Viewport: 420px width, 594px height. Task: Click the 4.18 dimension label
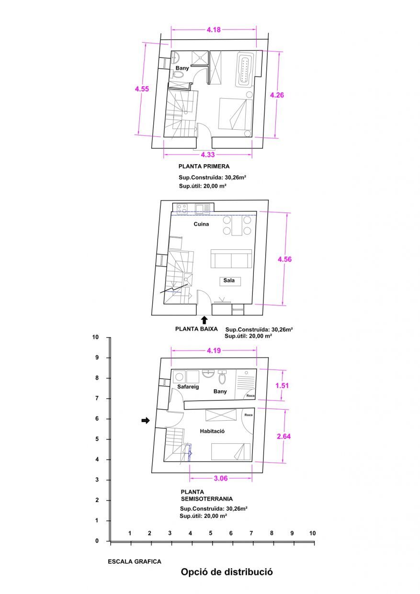[x=214, y=30]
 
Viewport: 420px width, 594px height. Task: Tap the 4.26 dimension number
[x=277, y=95]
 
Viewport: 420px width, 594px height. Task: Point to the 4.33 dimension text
[x=207, y=154]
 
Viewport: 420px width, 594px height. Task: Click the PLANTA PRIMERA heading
[x=204, y=167]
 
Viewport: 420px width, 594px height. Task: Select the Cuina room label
[x=201, y=224]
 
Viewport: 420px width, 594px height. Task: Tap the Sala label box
[x=229, y=280]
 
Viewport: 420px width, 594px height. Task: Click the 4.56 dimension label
[x=285, y=259]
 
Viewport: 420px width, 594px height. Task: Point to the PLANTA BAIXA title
[x=196, y=329]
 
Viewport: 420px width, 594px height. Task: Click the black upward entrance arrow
[x=204, y=320]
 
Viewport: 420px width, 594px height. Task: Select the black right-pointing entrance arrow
[x=146, y=420]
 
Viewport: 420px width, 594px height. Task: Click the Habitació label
[x=212, y=431]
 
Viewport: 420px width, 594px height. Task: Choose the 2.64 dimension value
[x=284, y=436]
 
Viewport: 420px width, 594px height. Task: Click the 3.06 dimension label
[x=220, y=478]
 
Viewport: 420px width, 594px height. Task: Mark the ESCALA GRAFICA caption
[x=135, y=561]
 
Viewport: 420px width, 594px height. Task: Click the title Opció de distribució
[x=227, y=572]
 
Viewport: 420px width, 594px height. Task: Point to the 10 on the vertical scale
[x=95, y=337]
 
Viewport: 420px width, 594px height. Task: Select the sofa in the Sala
[x=231, y=259]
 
